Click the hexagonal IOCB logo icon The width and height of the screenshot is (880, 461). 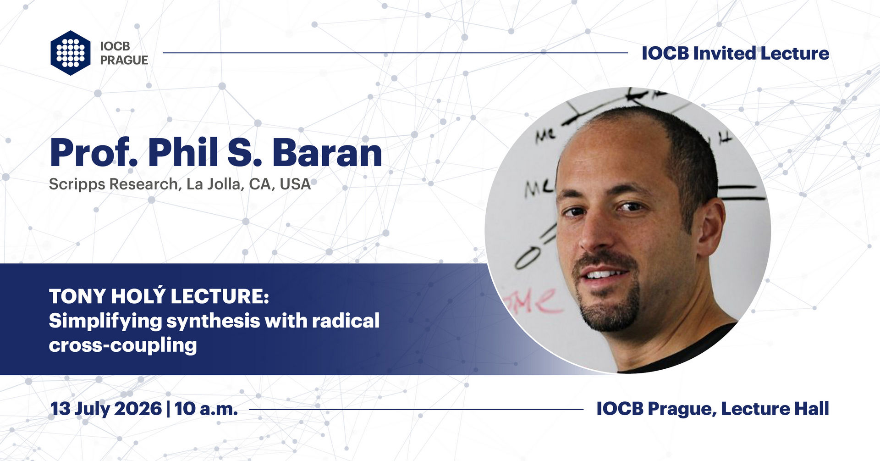[x=71, y=53]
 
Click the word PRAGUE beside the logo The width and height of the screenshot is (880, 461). [x=124, y=60]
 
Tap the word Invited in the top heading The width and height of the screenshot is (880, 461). [x=724, y=53]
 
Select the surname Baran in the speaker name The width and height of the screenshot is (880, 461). [x=327, y=153]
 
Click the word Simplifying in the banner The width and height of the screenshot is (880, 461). [x=105, y=321]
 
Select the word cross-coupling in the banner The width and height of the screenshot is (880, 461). [x=123, y=345]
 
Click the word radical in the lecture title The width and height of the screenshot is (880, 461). [x=346, y=320]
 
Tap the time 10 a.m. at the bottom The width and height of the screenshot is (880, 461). [x=206, y=408]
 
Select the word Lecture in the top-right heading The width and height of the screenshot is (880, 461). [x=795, y=53]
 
